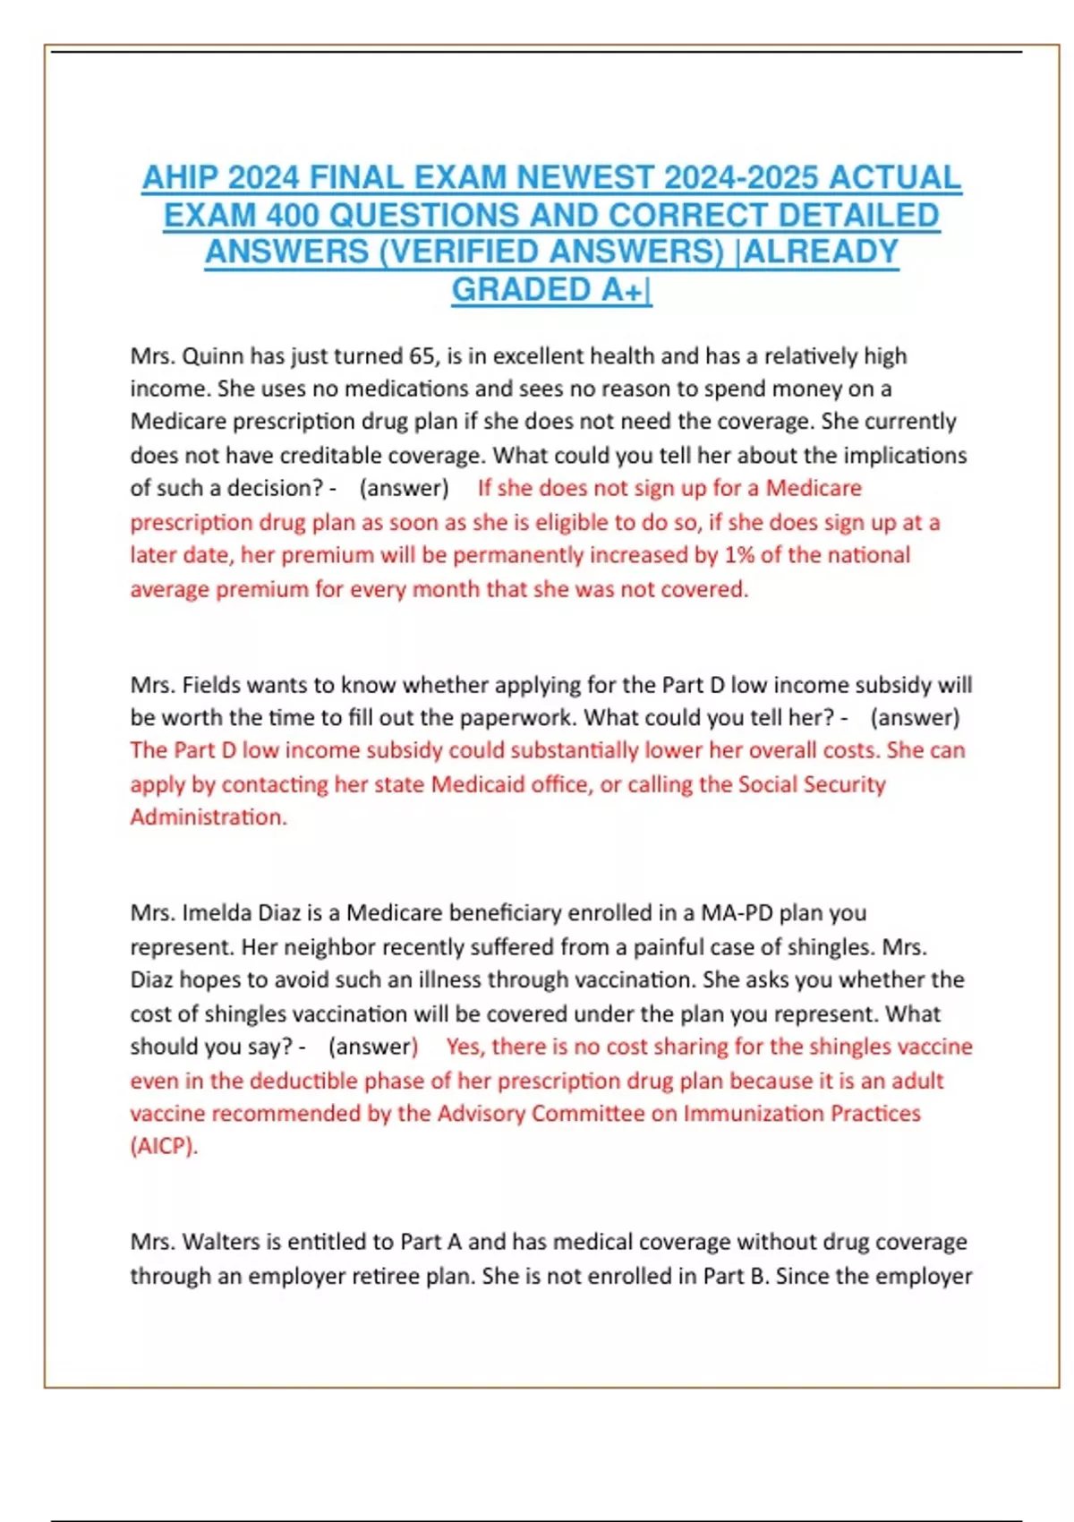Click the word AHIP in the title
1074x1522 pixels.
(181, 177)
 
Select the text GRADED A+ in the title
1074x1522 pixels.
(550, 289)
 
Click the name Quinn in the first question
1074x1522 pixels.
(213, 356)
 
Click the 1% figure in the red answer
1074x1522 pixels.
(739, 555)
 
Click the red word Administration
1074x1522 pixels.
(208, 817)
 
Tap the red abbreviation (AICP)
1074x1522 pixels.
(164, 1147)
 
